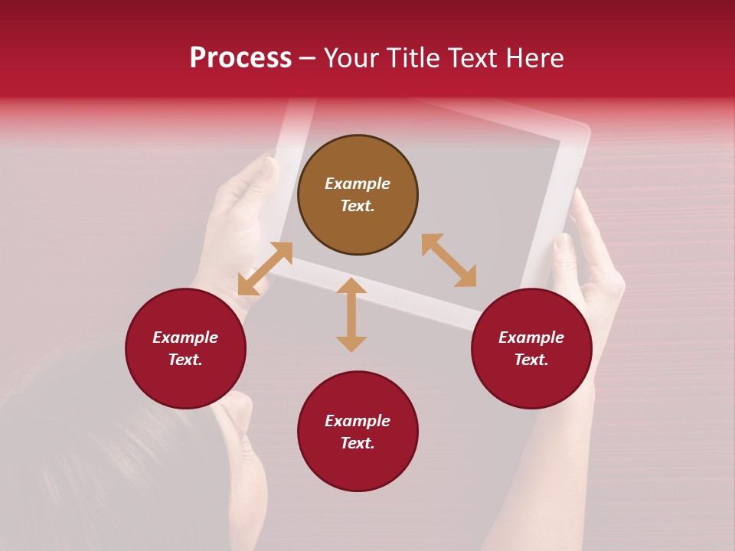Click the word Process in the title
pos(240,58)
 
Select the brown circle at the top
pos(358,194)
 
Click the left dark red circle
pos(185,348)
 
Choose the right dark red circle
pos(531,348)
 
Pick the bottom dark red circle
pos(358,432)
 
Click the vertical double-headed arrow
pos(351,315)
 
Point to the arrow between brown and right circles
pos(449,260)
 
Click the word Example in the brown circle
pos(358,184)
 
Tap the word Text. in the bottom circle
pos(358,443)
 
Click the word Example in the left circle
pos(185,337)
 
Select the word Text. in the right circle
pos(531,360)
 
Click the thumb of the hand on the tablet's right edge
pos(563,256)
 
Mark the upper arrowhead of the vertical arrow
pos(351,285)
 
